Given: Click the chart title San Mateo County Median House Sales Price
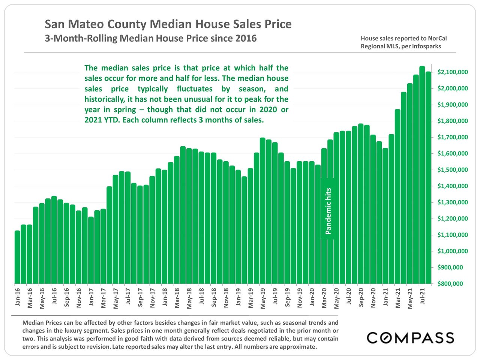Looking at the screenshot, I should click(x=168, y=24).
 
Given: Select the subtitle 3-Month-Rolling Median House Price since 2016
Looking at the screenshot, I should click(x=151, y=38).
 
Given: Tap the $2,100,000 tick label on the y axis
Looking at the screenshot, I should click(x=452, y=72).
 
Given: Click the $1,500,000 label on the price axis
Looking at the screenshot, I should click(x=452, y=170).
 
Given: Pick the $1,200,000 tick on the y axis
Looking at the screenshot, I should click(x=452, y=219).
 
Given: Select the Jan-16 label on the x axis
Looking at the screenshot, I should click(x=17, y=297).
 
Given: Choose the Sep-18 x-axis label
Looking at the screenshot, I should click(x=214, y=298).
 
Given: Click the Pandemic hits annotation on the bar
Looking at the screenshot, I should click(x=328, y=211).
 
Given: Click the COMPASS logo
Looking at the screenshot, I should click(x=410, y=337).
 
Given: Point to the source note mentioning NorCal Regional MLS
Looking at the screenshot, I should click(x=403, y=42).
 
